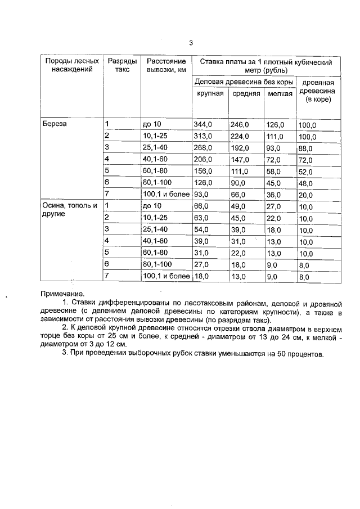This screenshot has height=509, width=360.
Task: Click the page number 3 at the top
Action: (x=191, y=43)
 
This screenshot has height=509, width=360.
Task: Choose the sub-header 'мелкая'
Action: (x=280, y=94)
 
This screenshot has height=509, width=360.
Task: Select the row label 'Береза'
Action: (x=55, y=124)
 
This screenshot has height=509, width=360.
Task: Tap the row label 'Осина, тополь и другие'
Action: (x=70, y=210)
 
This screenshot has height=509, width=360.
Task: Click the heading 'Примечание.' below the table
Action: (x=62, y=294)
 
